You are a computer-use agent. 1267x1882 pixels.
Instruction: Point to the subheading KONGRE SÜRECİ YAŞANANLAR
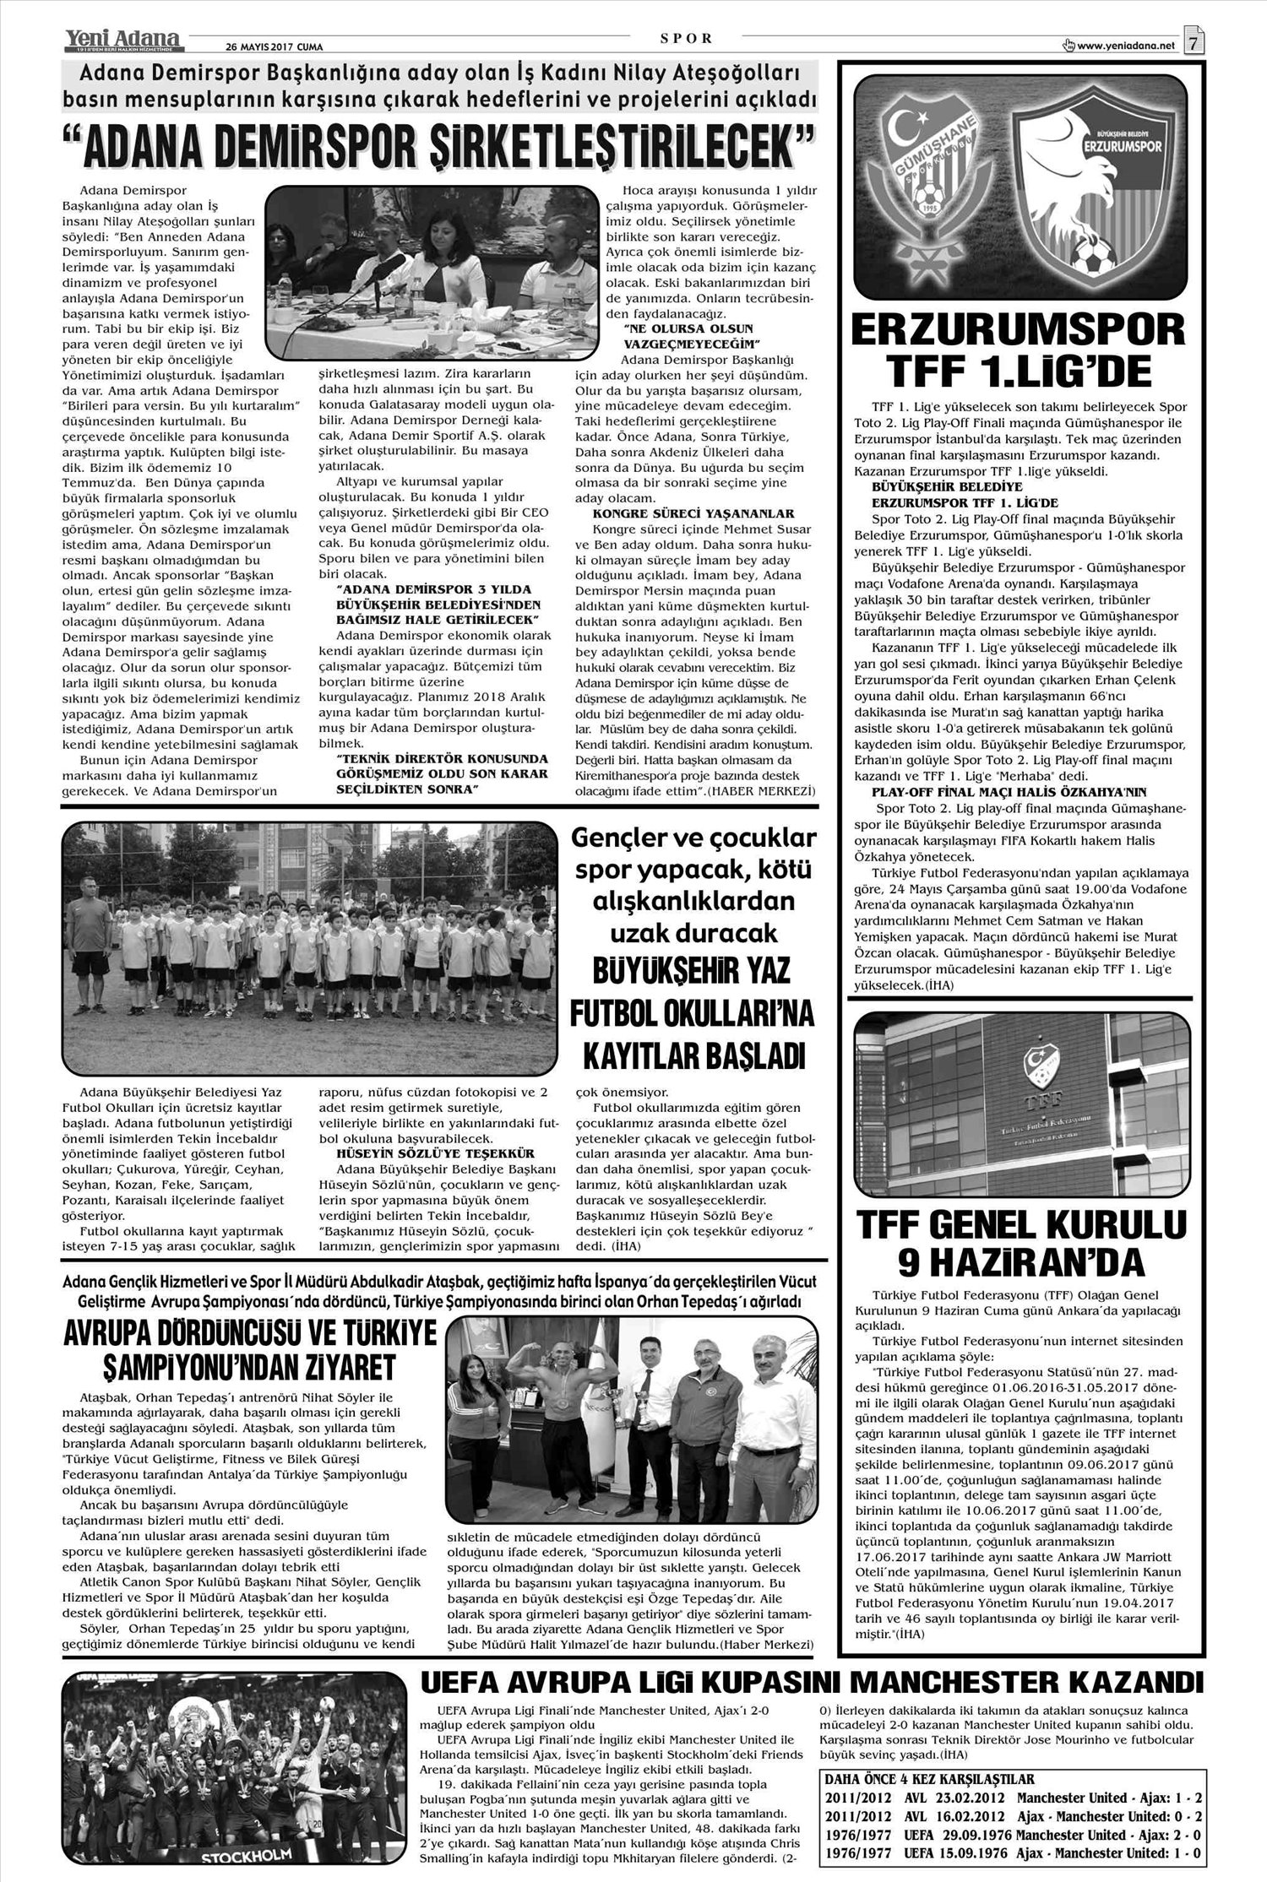point(693,513)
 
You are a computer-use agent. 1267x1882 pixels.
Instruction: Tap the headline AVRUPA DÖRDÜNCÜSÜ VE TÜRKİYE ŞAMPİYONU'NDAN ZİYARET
point(250,1348)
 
